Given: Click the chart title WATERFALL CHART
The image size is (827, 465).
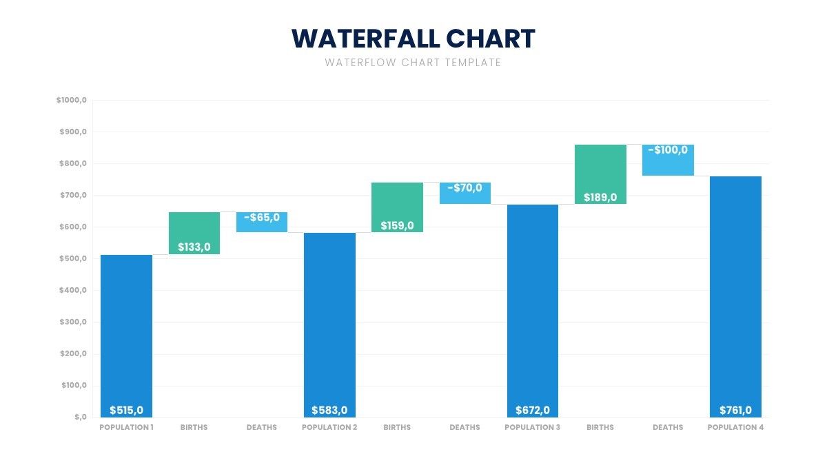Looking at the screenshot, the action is pos(413,39).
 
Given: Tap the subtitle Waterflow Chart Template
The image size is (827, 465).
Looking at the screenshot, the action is pos(413,63).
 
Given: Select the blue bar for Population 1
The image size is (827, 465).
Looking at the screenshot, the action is pos(126,336).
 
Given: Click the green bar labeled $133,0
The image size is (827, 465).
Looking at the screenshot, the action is pos(194,234).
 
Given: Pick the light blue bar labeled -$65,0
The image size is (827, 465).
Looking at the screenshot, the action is pos(262,222).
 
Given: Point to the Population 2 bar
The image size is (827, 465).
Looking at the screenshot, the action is pos(329,325).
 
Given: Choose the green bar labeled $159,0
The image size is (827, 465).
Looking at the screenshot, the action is pos(397,207).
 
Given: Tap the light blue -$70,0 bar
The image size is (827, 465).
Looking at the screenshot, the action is pos(465,193).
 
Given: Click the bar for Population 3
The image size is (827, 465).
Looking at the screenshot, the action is pos(533,311).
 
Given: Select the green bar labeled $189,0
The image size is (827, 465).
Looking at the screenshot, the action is pos(601,174).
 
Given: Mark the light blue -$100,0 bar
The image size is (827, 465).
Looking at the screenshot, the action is pos(668,160).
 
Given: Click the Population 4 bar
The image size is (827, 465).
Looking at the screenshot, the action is pos(736,297).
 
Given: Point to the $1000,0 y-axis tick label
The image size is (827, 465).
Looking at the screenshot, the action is pos(72,100).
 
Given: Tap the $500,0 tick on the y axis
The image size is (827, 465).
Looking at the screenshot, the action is pos(73,258).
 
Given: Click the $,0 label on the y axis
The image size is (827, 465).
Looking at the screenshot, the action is pos(81,417).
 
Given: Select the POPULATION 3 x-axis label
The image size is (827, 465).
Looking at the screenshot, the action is pos(532,427).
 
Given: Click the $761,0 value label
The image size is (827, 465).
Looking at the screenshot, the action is pos(736,410).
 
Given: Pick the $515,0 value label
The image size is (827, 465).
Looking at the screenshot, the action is pos(126,410).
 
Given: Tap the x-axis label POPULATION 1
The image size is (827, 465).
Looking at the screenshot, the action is pos(126,427).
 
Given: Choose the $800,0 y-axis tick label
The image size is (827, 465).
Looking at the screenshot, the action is pos(73,163).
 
